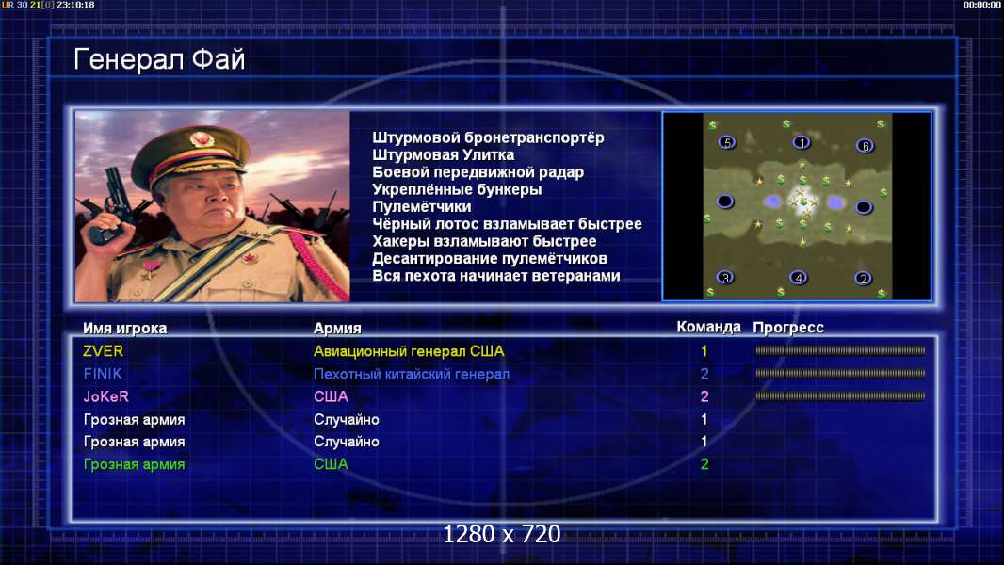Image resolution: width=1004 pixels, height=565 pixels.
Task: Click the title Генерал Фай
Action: pyautogui.click(x=159, y=59)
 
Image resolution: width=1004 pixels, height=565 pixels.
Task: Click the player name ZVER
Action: pyautogui.click(x=103, y=351)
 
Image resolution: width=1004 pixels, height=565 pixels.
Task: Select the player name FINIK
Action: pyautogui.click(x=103, y=374)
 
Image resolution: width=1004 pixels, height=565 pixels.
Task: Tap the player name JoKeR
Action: pyautogui.click(x=105, y=396)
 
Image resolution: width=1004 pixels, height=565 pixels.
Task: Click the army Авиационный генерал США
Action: pyautogui.click(x=409, y=351)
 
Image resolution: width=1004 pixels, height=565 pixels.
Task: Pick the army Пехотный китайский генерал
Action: pyautogui.click(x=411, y=375)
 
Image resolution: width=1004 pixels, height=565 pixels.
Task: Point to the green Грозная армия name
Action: pyautogui.click(x=134, y=464)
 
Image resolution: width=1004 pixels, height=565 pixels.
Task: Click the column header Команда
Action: pyautogui.click(x=708, y=327)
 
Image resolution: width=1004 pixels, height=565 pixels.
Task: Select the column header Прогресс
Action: pyautogui.click(x=788, y=328)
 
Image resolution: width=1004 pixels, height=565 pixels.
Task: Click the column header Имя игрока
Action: pyautogui.click(x=125, y=329)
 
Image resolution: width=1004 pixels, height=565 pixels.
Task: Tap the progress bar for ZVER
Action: pyautogui.click(x=840, y=350)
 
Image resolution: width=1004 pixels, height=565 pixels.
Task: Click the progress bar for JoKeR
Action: pyautogui.click(x=840, y=396)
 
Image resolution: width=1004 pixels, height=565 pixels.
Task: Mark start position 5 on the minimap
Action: pyautogui.click(x=727, y=143)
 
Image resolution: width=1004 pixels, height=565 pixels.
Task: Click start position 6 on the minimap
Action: pyautogui.click(x=865, y=147)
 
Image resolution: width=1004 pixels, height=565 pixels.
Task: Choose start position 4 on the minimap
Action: pyautogui.click(x=798, y=278)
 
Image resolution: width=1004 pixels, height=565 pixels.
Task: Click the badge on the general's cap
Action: pyautogui.click(x=202, y=138)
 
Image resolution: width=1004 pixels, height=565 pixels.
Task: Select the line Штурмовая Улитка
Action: pyautogui.click(x=443, y=154)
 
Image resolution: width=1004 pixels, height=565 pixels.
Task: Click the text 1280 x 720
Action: pyautogui.click(x=502, y=534)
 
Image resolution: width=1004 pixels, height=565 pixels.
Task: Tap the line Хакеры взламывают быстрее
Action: pyautogui.click(x=484, y=241)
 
